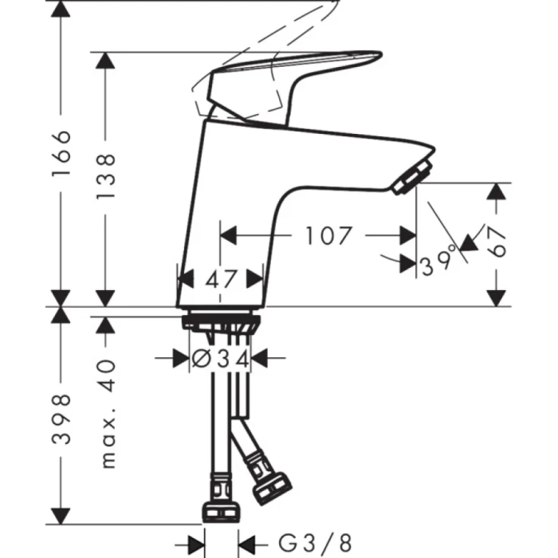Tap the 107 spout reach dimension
pyautogui.click(x=327, y=236)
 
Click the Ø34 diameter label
pyautogui.click(x=220, y=360)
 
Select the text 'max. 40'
pyautogui.click(x=107, y=413)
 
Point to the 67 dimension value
pyautogui.click(x=498, y=240)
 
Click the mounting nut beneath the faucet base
pyautogui.click(x=220, y=323)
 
